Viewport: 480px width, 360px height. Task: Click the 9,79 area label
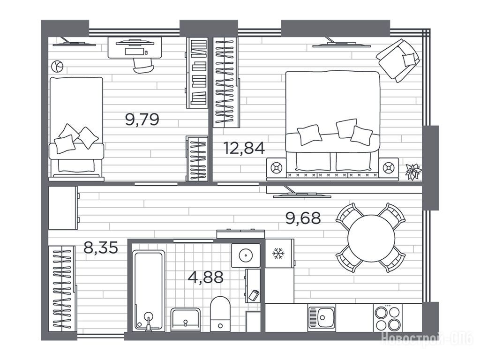[142, 120]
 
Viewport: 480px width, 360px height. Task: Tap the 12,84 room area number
[244, 148]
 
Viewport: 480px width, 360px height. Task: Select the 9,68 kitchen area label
[303, 218]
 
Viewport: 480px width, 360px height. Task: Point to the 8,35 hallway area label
[101, 247]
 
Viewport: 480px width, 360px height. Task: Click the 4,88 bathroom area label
[206, 277]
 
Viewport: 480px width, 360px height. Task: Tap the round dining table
[371, 238]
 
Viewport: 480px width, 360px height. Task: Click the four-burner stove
[388, 318]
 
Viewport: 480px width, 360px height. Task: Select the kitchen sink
[322, 318]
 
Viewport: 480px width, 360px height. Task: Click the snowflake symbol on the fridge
[278, 254]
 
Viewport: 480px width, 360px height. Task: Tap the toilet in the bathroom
[220, 314]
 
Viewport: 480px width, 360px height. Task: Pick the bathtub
[149, 291]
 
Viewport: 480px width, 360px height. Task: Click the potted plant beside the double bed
[413, 172]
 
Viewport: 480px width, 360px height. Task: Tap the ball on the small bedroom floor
[57, 66]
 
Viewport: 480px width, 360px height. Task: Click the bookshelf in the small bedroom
[197, 73]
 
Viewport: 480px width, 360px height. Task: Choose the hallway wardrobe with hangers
[62, 288]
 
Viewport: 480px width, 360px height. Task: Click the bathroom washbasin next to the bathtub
[186, 320]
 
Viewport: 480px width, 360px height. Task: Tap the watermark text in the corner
[427, 338]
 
